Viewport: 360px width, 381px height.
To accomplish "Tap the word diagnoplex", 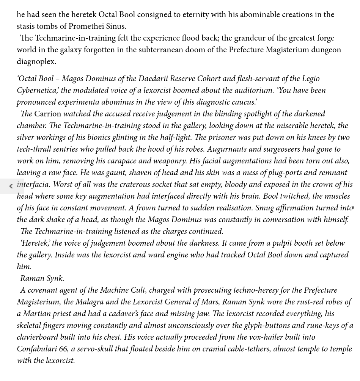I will pos(36,61).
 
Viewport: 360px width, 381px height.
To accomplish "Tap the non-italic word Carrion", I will pos(47,114).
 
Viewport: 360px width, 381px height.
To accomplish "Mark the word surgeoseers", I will pos(279,149).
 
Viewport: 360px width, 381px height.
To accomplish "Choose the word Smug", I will pos(264,208).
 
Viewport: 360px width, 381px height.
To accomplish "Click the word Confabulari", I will pos(36,349).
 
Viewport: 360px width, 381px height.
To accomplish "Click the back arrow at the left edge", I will pos(11,186).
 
